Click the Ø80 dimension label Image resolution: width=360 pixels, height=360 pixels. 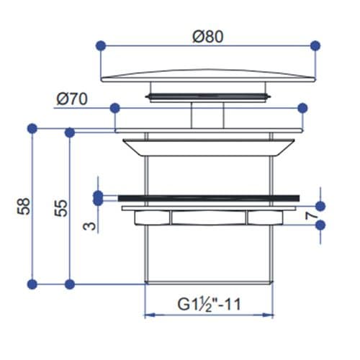pos(208,37)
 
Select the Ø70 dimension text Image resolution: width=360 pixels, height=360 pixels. pos(72,99)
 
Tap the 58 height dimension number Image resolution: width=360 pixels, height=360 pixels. pos(24,206)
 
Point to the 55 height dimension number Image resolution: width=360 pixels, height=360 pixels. pos(61,208)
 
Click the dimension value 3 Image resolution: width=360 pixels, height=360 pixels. pos(89,226)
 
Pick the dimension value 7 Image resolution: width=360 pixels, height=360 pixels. pos(312,215)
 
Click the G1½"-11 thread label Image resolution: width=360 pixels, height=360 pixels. pos(209,305)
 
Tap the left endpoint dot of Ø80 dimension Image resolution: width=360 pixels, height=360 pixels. pos(101,45)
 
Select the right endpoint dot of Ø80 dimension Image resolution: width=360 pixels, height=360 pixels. pos(315,45)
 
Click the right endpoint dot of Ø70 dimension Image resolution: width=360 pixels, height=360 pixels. pos(302,108)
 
